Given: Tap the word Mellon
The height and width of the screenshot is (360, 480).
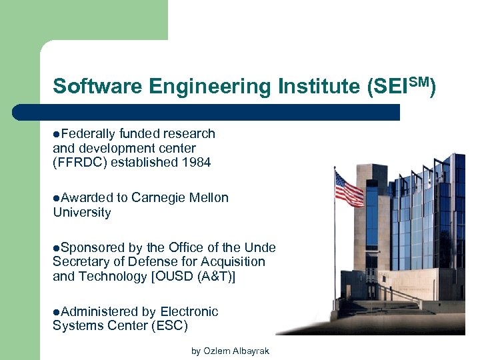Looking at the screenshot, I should tap(209, 197).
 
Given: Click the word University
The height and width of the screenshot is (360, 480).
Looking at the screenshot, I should tap(81, 213).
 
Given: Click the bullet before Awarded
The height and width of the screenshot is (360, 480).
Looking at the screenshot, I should tap(57, 198).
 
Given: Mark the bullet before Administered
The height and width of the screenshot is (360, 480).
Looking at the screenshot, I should tap(57, 312).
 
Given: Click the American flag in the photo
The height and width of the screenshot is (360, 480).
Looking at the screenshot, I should tap(349, 188).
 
